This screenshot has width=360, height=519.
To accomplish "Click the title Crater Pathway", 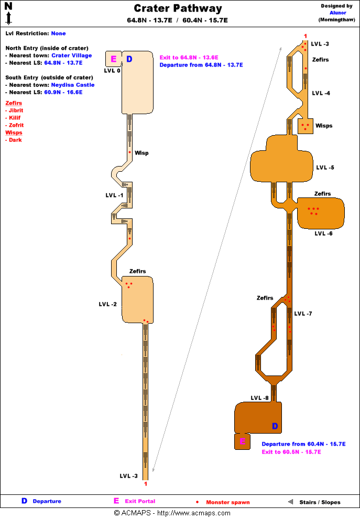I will click(x=178, y=8).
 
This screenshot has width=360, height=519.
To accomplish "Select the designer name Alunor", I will click(x=337, y=13).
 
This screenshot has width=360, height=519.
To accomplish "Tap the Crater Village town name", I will click(x=71, y=55).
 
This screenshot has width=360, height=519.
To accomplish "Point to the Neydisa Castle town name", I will click(x=72, y=84).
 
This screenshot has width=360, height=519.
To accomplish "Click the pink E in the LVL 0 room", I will click(x=113, y=59).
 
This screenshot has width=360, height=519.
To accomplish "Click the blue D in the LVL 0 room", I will click(x=129, y=59).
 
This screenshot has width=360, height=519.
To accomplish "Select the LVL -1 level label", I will click(x=114, y=195).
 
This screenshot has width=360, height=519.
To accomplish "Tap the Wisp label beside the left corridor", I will click(x=141, y=153).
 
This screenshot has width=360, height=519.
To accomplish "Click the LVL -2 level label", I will click(x=107, y=304).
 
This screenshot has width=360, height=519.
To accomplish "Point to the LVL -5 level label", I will click(x=325, y=168).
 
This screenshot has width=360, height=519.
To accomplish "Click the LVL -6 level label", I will click(x=323, y=234).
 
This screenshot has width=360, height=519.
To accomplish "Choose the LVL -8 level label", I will click(x=259, y=398).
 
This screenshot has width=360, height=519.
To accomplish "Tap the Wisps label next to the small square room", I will click(x=324, y=126).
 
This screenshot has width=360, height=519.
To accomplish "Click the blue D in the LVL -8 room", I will click(x=275, y=426).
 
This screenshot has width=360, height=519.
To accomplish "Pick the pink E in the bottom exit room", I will click(x=242, y=441).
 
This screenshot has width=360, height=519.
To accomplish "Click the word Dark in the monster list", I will click(x=16, y=140).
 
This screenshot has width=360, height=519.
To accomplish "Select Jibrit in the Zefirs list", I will click(x=16, y=111).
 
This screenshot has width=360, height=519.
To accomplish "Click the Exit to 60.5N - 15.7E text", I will click(x=291, y=452).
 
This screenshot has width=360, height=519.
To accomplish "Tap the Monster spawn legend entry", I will click(x=227, y=502).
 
